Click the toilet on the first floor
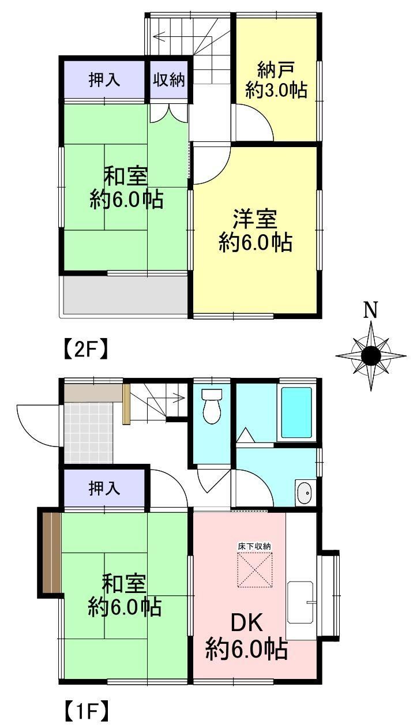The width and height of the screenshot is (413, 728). [x=212, y=406]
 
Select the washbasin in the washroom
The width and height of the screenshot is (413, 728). [x=305, y=493]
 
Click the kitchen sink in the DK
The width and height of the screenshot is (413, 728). [x=301, y=602]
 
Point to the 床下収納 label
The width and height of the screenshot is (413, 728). [x=254, y=546]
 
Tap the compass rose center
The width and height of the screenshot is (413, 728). [x=371, y=355]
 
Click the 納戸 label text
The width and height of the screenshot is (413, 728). [x=276, y=70]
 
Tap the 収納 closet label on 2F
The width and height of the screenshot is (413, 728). [x=169, y=80]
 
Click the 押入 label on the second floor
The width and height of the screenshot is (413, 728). [x=104, y=80]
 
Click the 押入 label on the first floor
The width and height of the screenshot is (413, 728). [x=104, y=488]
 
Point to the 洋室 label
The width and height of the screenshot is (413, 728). [x=255, y=219]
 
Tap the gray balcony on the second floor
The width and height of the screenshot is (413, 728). [x=125, y=295]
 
